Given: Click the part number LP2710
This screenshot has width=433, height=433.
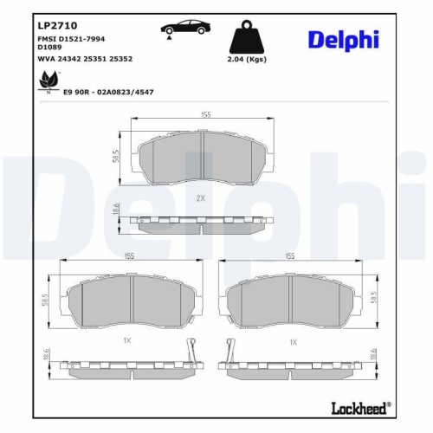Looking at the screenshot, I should (51, 26).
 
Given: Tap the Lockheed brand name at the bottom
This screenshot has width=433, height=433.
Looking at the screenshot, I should (360, 406).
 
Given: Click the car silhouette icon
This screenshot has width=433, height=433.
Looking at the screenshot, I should (178, 29).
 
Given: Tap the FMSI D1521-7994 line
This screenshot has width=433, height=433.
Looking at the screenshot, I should (72, 41).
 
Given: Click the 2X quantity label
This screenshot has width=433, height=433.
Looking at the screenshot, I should (201, 198).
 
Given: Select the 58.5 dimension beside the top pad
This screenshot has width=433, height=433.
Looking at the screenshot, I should (116, 157).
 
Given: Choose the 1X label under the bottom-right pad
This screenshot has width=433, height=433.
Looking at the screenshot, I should (293, 342).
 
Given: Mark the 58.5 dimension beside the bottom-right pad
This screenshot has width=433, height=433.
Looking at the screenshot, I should (373, 297).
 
